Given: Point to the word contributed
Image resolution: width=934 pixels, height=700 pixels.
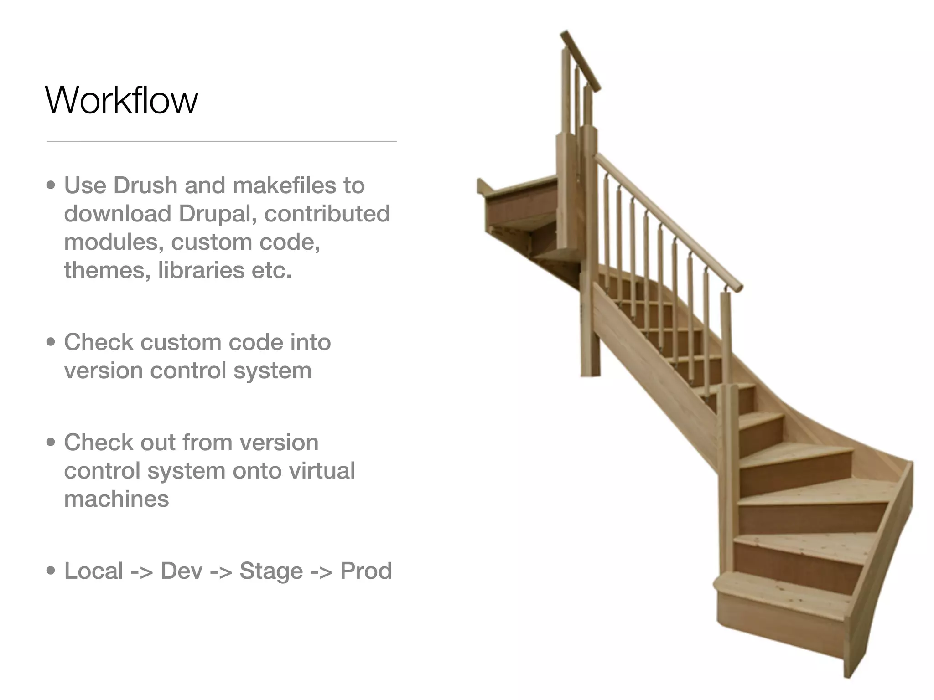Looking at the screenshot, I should (327, 214).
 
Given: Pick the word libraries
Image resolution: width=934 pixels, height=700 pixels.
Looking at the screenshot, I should (201, 270).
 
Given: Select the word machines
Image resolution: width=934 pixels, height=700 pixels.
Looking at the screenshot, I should (116, 499).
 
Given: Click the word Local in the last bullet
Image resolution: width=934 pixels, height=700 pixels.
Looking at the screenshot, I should (93, 571).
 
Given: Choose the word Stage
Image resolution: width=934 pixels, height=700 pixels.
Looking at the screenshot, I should (271, 571).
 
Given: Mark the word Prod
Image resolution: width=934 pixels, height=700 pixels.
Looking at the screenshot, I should (366, 571).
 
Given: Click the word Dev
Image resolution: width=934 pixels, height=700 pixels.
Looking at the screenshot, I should (182, 571).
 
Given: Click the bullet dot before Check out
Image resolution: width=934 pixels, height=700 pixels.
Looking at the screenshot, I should (51, 442).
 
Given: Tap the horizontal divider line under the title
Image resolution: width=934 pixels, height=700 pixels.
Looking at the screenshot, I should (221, 141).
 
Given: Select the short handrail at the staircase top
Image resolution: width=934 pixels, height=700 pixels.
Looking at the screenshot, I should (580, 59).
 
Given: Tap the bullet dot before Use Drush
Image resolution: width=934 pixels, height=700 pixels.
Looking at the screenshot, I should (51, 185).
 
